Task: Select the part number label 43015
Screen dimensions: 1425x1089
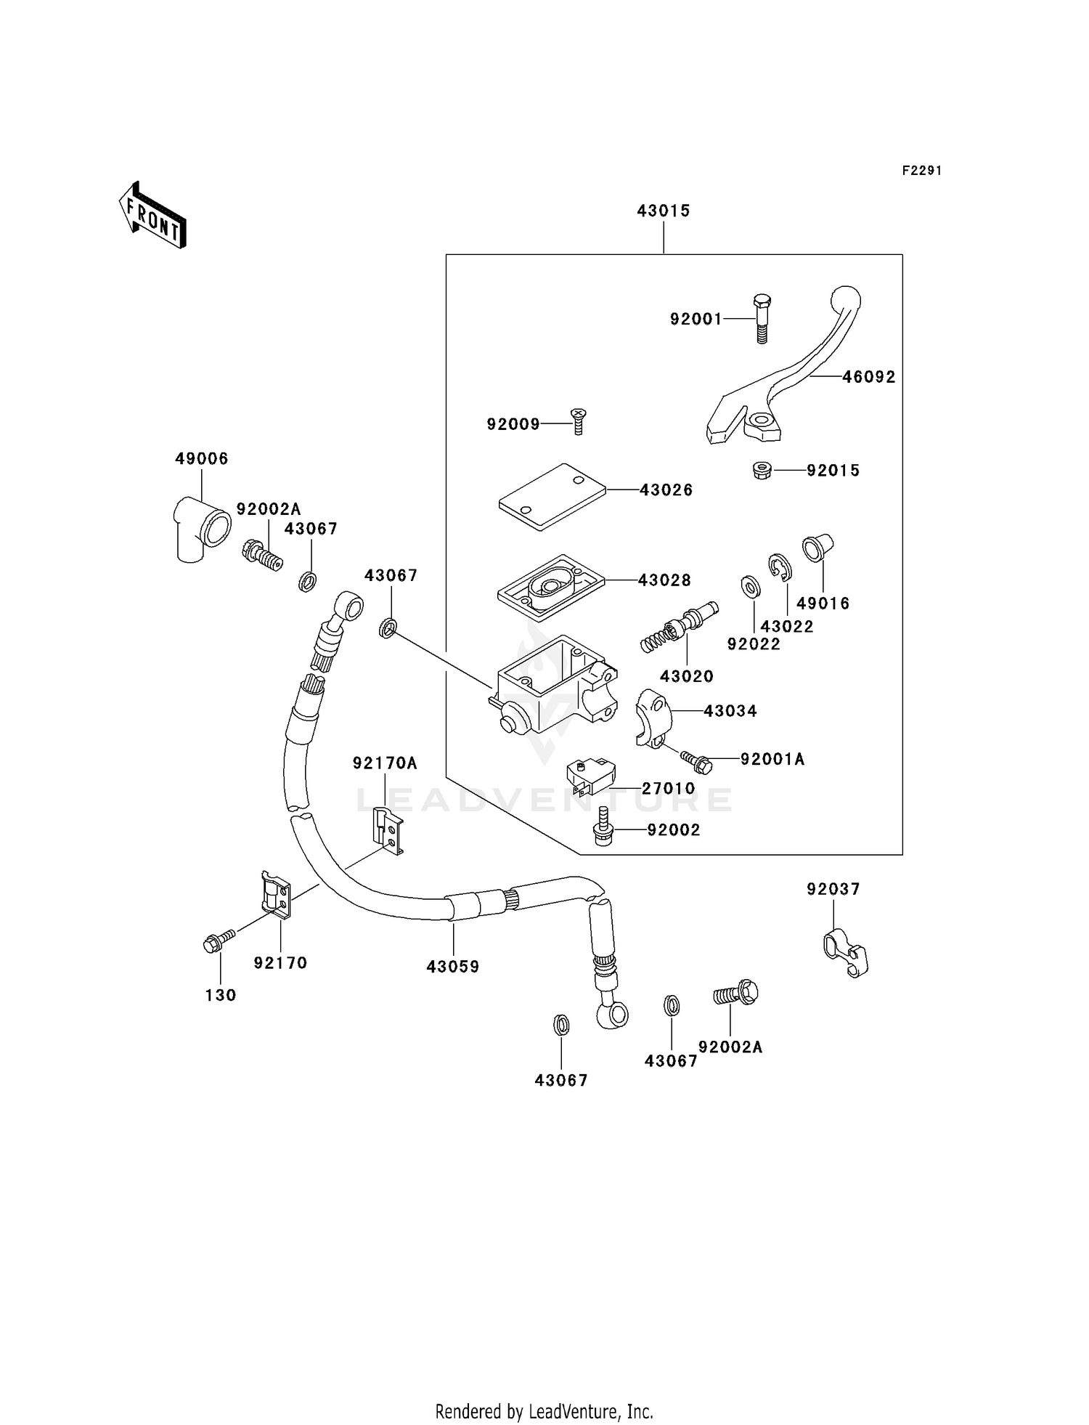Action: [x=663, y=211]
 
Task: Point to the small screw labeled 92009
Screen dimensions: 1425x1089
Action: [x=579, y=421]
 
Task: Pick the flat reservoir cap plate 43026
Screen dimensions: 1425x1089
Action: [x=552, y=496]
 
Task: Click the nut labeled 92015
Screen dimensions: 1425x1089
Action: [x=761, y=471]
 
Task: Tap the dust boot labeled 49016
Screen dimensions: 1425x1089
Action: [x=816, y=548]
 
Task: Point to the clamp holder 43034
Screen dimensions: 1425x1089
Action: [x=653, y=718]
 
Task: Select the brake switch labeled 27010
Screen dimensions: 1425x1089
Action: [x=589, y=776]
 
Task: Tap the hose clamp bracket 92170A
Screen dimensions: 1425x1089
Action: [x=388, y=830]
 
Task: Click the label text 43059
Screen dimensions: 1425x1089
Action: [x=453, y=967]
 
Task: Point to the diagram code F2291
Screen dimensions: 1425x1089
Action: [x=921, y=171]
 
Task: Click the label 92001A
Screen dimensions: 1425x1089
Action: [x=772, y=759]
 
